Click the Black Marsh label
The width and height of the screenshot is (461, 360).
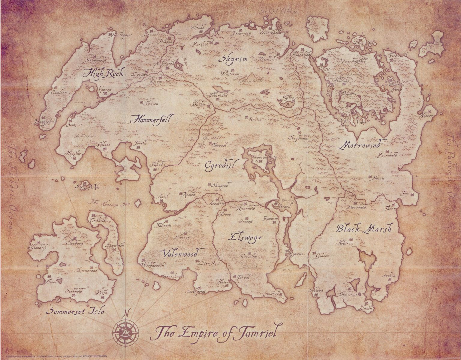363,229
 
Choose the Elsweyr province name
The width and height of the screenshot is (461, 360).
245,237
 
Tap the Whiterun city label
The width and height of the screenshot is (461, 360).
230,73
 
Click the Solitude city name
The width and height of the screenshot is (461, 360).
197,28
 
